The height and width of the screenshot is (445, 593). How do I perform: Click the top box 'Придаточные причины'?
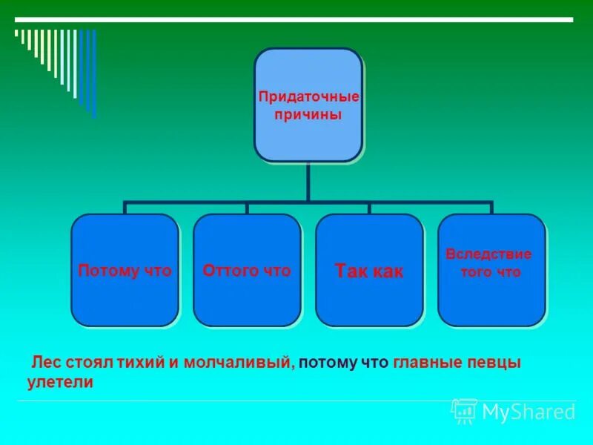click(x=308, y=105)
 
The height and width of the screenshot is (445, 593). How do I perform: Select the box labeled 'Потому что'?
click(x=125, y=271)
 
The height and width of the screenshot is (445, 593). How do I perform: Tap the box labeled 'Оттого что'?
click(x=247, y=271)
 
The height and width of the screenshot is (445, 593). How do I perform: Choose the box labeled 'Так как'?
click(x=369, y=271)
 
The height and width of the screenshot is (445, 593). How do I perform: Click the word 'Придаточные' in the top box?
click(x=308, y=97)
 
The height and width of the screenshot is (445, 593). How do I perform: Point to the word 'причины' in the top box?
click(x=308, y=115)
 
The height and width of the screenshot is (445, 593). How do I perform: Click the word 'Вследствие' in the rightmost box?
click(x=488, y=254)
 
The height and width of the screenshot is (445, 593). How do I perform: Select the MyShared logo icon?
click(x=464, y=411)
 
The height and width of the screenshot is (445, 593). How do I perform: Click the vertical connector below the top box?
click(x=308, y=181)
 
